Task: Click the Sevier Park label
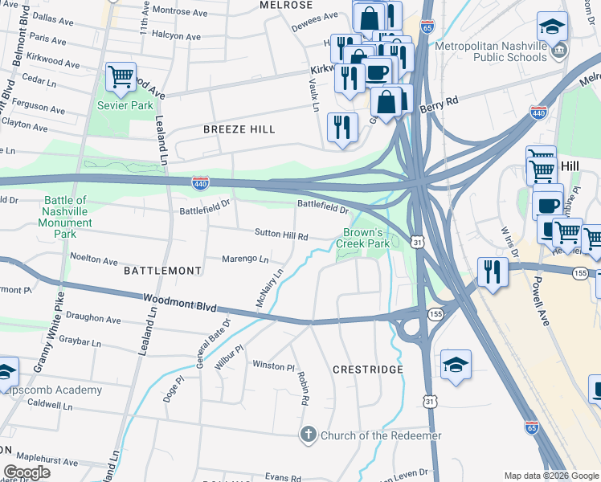(125, 105)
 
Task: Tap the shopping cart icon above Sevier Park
(121, 78)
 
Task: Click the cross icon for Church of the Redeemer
(307, 435)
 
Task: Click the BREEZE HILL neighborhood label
(239, 129)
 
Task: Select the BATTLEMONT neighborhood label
(163, 272)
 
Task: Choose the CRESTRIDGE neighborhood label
(368, 370)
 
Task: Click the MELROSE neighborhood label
(286, 5)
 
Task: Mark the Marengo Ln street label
(246, 259)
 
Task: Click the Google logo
(27, 472)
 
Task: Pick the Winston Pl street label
(274, 366)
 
